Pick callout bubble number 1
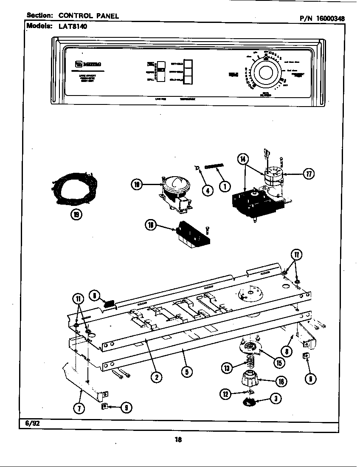point(225,185)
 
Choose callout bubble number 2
point(156,376)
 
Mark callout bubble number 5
point(186,371)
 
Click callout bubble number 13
point(227,368)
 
